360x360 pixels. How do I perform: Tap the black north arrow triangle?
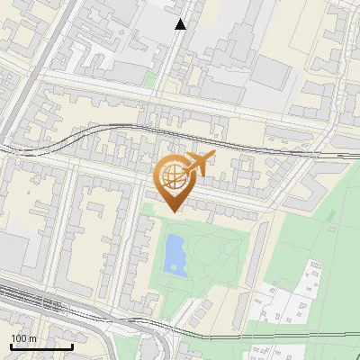coord(181,24)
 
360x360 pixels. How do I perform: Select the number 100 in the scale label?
coord(21,337)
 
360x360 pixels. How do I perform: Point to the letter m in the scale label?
coord(32,337)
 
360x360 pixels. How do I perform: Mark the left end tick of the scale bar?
coord(11,345)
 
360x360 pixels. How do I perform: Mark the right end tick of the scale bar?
coord(72,345)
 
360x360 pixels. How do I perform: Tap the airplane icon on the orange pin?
coord(198,165)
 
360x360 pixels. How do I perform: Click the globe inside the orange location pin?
coord(171,175)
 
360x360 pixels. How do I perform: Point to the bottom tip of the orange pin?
coord(171,211)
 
